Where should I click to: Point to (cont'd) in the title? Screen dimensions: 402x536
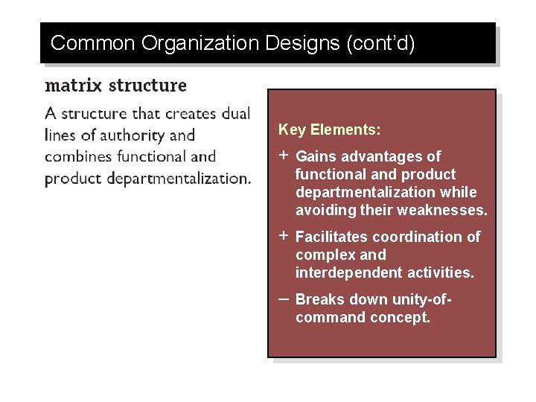coord(380,43)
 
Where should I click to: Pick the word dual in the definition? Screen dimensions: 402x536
coord(235,114)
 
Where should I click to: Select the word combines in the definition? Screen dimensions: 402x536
coord(80,156)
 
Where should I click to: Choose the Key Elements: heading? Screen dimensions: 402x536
coord(330,130)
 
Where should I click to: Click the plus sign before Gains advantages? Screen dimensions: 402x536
coord(284,156)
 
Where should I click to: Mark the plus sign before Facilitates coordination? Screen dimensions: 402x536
coord(284,236)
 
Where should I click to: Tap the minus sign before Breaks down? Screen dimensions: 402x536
coord(284,298)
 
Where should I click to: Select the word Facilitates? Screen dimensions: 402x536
coord(331,237)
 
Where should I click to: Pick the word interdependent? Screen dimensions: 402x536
coord(349,272)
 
